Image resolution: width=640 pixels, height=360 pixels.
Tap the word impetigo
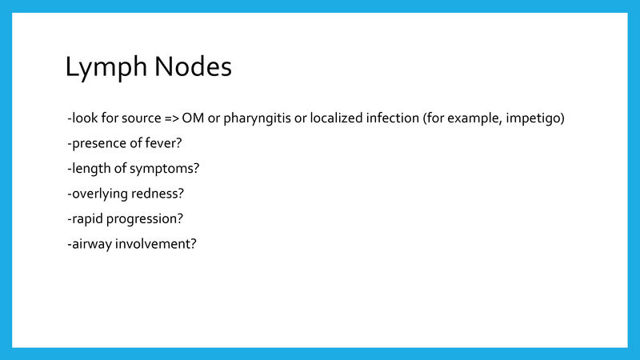(x=535, y=119)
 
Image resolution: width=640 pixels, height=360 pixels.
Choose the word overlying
(x=98, y=193)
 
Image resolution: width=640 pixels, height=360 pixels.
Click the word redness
(x=158, y=193)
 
